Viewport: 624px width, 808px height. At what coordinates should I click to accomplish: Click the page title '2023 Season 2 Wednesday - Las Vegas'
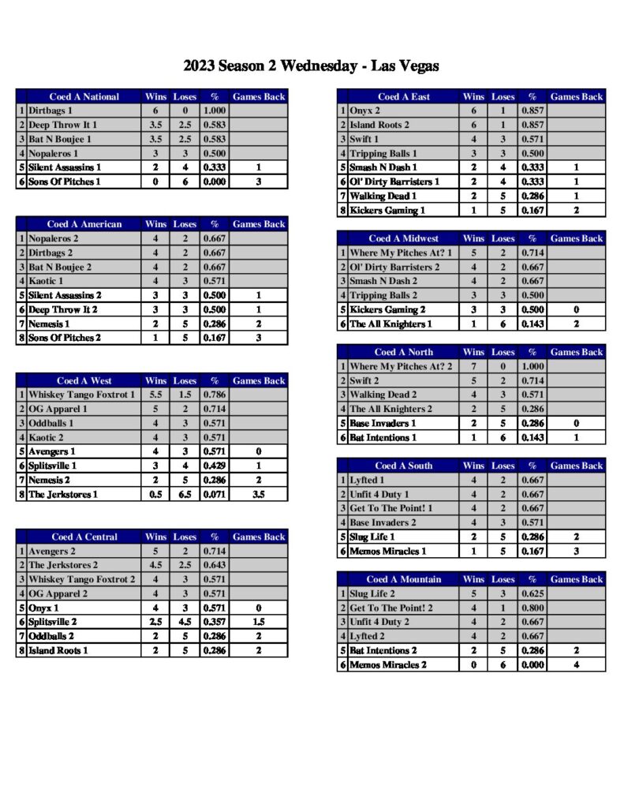point(311,65)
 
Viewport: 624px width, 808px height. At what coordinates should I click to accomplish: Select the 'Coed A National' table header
point(84,97)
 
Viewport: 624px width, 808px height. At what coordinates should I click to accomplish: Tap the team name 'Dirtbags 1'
point(50,111)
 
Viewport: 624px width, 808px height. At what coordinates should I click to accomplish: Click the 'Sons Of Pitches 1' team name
point(65,182)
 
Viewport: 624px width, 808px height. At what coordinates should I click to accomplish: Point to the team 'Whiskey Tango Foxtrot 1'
point(81,395)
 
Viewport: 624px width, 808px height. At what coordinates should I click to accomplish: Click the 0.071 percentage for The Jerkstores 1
point(215,494)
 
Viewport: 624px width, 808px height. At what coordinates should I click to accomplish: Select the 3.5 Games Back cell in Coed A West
point(259,494)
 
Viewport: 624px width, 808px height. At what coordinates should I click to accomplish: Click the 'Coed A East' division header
point(404,97)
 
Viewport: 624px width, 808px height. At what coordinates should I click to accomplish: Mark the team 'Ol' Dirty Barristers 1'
point(394,182)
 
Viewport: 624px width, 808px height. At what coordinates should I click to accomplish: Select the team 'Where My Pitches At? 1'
point(402,252)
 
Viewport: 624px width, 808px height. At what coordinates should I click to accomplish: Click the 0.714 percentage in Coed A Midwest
point(532,252)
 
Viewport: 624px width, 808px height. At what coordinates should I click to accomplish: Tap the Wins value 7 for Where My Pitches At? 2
point(473,366)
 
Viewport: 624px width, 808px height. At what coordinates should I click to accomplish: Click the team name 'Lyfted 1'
point(368,480)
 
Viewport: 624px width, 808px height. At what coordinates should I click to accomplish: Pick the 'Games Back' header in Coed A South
point(577,466)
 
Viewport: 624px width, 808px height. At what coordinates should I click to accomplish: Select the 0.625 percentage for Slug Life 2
point(532,593)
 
